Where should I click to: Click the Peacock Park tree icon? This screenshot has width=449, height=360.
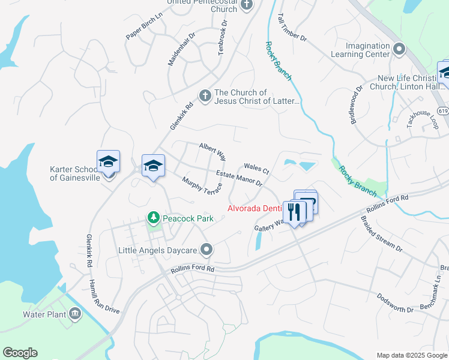(x=154, y=218)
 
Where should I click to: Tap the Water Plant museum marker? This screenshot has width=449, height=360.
(x=75, y=313)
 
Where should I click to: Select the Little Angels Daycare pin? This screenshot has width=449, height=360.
(x=207, y=249)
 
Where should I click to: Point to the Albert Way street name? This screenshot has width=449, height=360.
(x=212, y=152)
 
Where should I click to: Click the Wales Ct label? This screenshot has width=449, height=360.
(x=257, y=170)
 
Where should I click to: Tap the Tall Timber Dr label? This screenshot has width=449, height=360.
(x=292, y=29)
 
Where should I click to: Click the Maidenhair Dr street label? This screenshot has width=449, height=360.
(x=179, y=50)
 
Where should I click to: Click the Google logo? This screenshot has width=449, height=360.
(x=20, y=353)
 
